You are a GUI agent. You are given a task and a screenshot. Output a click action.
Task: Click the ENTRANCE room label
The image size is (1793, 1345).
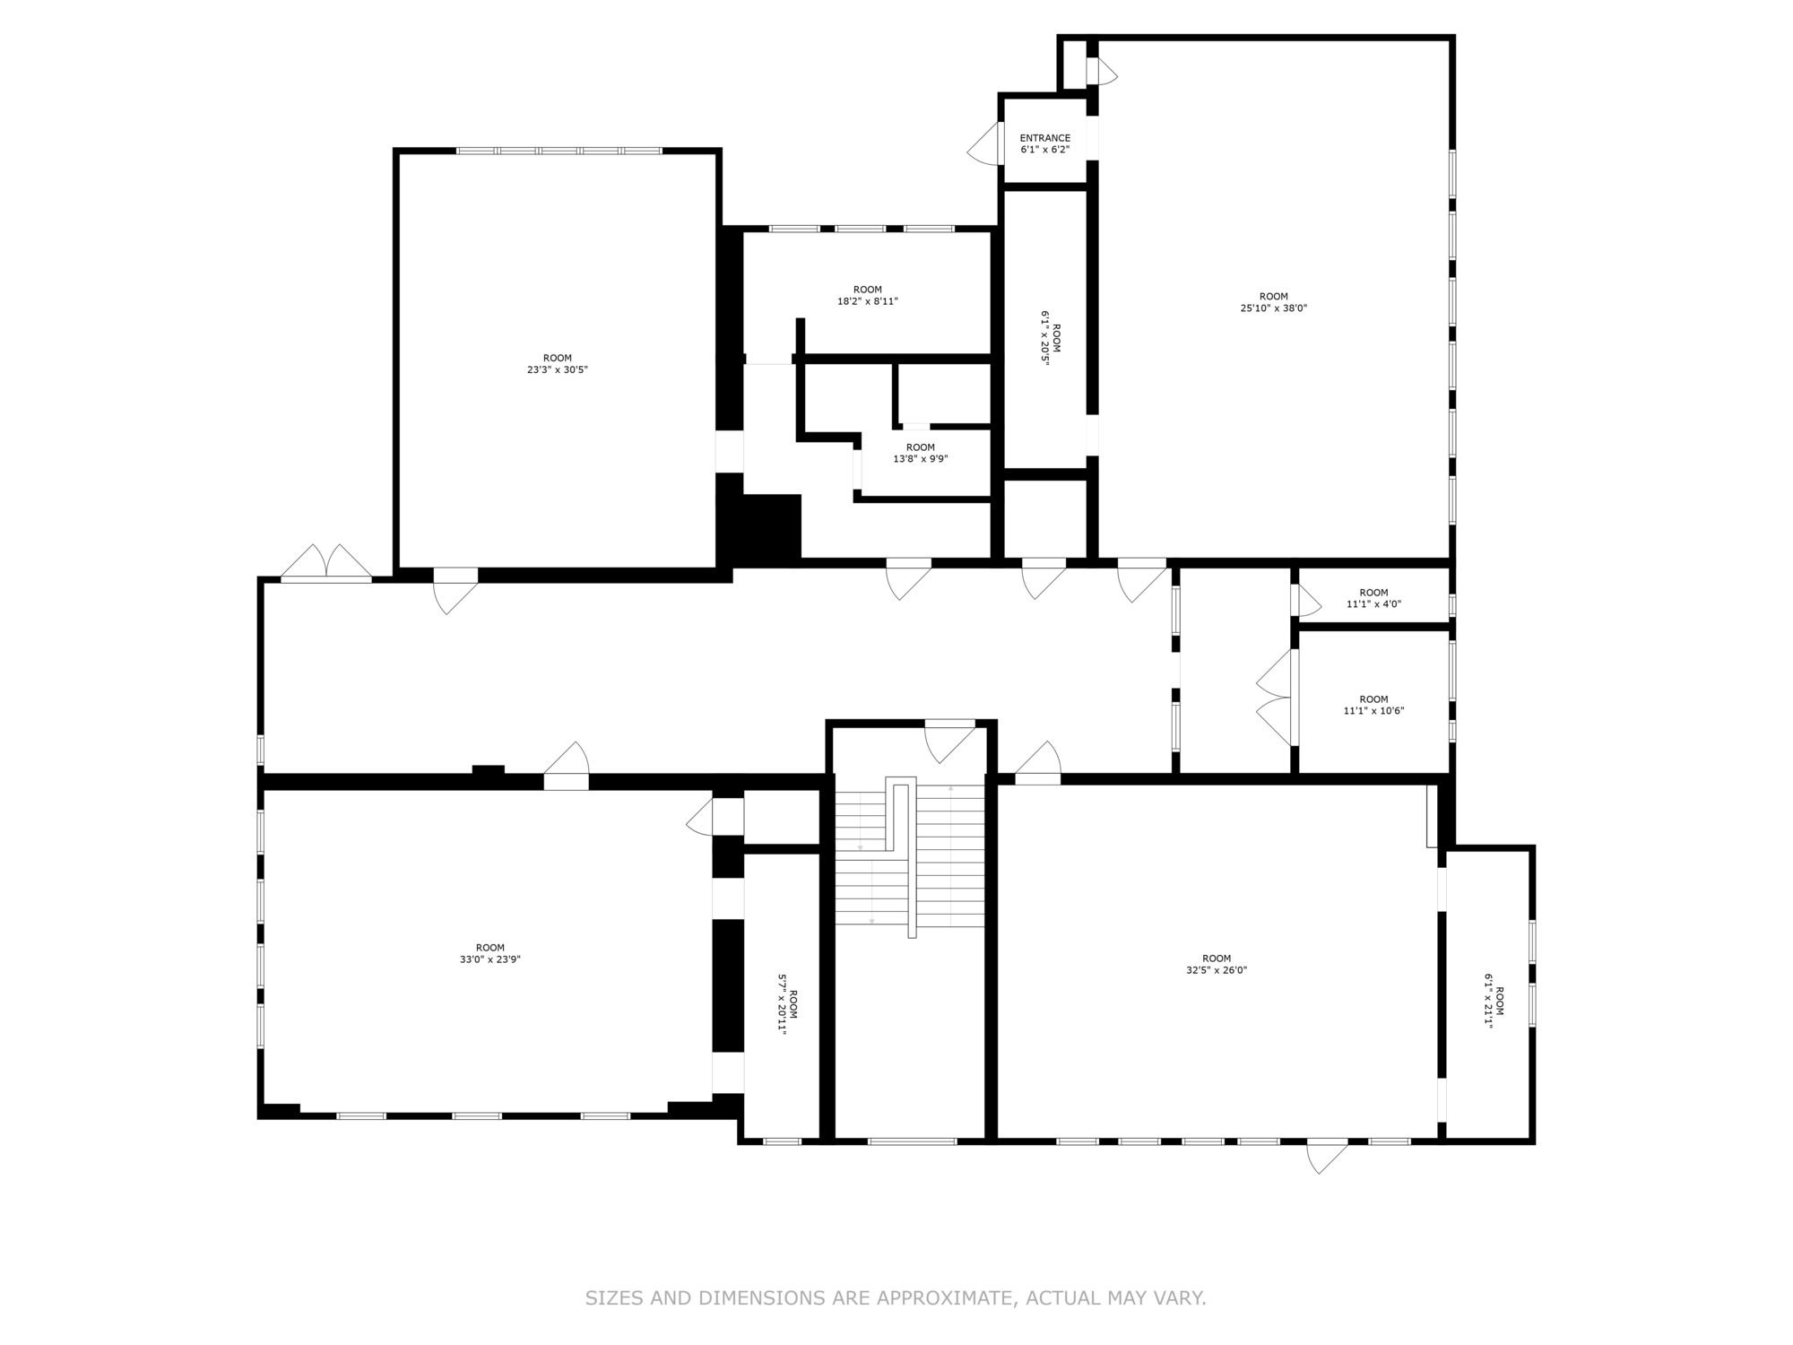tap(1044, 138)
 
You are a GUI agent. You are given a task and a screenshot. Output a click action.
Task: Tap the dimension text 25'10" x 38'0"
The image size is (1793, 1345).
tap(1273, 308)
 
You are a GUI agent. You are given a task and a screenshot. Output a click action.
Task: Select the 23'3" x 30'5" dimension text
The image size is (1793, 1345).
tap(557, 369)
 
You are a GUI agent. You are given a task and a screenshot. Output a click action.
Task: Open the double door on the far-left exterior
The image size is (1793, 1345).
tap(325, 562)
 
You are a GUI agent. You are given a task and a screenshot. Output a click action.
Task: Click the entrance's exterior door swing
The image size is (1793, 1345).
tap(983, 143)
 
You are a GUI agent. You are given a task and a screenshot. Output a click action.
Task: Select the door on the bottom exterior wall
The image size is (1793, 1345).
tap(1328, 1156)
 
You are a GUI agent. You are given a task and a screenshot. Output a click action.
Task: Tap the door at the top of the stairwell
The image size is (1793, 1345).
tap(950, 742)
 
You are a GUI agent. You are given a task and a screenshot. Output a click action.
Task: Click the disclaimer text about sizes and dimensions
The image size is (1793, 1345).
tap(896, 1297)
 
